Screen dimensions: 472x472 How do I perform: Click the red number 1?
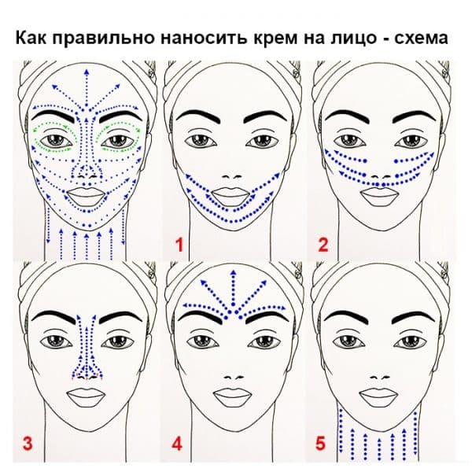179,245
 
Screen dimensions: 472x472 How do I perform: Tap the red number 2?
323,245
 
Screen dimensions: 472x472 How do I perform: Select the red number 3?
28,444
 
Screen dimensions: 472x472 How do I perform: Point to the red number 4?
176,444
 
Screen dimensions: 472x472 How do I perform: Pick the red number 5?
320,444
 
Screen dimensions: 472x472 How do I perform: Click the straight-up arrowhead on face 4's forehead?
233,272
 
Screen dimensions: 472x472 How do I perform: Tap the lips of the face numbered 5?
378,396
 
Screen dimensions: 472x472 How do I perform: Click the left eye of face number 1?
200,140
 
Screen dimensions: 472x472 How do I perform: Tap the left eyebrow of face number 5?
348,318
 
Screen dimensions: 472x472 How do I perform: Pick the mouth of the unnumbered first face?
87,196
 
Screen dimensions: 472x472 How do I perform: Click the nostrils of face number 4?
234,378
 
